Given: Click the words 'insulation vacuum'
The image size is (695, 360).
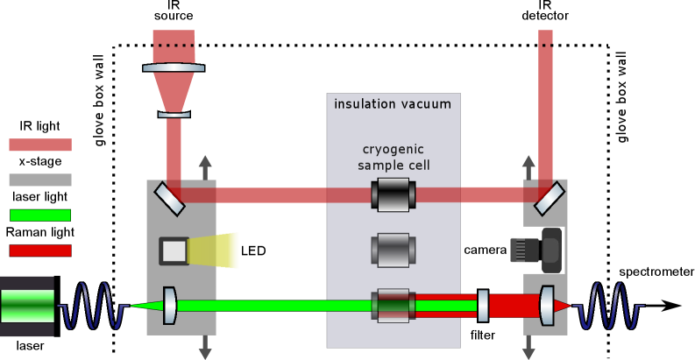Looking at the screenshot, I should pyautogui.click(x=393, y=104).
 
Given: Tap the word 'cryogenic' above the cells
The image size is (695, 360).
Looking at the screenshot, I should pyautogui.click(x=394, y=149).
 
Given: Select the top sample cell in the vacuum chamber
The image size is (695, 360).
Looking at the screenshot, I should pyautogui.click(x=394, y=194).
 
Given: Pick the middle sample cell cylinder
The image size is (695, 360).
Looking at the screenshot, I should pyautogui.click(x=394, y=250).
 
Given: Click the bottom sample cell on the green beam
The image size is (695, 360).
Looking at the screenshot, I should pyautogui.click(x=394, y=306).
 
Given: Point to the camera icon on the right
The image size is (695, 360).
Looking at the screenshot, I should pyautogui.click(x=536, y=250).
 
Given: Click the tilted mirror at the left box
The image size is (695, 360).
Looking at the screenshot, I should pyautogui.click(x=170, y=199).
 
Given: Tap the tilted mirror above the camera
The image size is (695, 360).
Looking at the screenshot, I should pyautogui.click(x=550, y=199).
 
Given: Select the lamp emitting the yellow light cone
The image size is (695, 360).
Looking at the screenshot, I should pyautogui.click(x=174, y=251).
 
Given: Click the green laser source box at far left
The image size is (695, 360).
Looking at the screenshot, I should pyautogui.click(x=27, y=306).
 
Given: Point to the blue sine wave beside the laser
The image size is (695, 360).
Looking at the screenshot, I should pyautogui.click(x=92, y=306).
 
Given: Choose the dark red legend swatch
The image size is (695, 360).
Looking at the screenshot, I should pyautogui.click(x=40, y=145).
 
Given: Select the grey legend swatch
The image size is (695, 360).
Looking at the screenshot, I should pyautogui.click(x=40, y=180).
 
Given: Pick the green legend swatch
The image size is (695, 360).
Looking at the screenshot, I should pyautogui.click(x=40, y=215).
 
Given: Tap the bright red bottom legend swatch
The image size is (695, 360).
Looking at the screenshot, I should pyautogui.click(x=40, y=251).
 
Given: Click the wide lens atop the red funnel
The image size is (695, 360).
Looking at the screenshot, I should pyautogui.click(x=174, y=67).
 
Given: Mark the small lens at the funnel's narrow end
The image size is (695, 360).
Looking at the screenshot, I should pyautogui.click(x=174, y=114).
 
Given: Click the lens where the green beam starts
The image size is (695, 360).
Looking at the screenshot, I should pyautogui.click(x=169, y=306).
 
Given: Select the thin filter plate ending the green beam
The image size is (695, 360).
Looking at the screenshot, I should pyautogui.click(x=483, y=306).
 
